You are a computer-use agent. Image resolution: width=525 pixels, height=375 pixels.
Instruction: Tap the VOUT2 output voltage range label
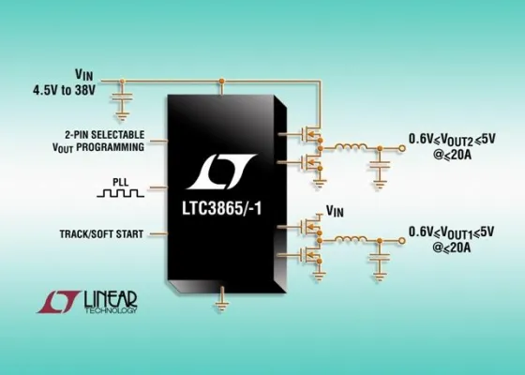(458, 140)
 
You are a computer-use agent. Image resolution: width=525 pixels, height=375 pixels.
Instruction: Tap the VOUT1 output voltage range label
(458, 231)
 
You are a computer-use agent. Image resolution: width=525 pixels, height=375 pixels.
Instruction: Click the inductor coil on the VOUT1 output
(354, 237)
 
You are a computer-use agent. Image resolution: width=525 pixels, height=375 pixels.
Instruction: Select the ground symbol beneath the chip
(222, 302)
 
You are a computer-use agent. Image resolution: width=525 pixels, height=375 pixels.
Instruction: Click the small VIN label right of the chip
(336, 211)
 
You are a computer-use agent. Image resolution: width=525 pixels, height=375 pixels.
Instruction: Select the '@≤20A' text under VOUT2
(458, 156)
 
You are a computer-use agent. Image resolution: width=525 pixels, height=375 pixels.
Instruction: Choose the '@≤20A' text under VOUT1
(458, 247)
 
